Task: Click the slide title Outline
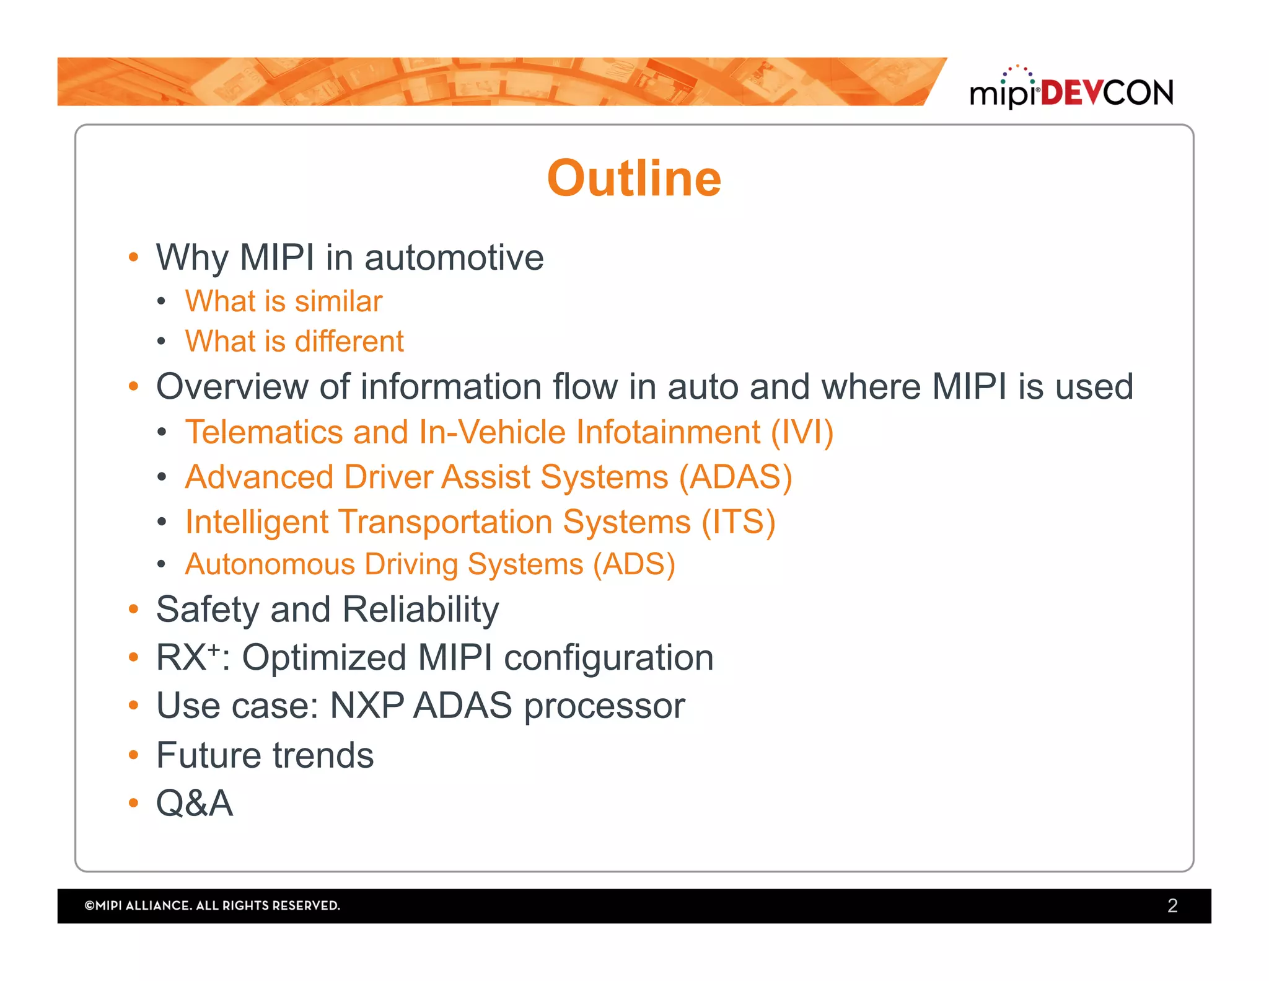click(x=634, y=179)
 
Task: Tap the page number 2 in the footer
click(x=1172, y=905)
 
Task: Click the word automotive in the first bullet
click(x=454, y=257)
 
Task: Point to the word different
click(x=349, y=342)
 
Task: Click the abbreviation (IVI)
click(x=802, y=432)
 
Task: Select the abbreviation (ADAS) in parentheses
click(x=735, y=477)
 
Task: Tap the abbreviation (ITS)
click(x=738, y=522)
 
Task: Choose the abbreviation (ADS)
click(x=634, y=565)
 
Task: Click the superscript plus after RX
click(x=214, y=649)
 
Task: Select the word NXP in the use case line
click(x=367, y=706)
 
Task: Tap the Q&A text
click(x=195, y=804)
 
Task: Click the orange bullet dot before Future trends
click(x=133, y=755)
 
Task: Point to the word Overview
click(x=232, y=387)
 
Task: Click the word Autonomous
click(x=270, y=565)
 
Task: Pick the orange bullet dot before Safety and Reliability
click(x=133, y=609)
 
